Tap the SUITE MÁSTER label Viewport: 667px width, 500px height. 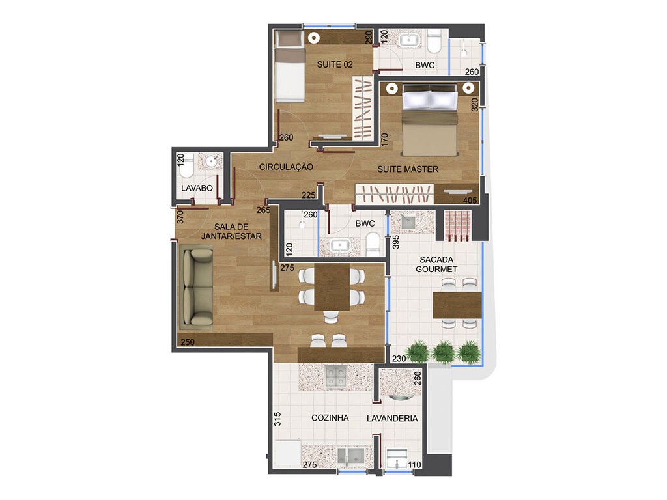[x=408, y=169]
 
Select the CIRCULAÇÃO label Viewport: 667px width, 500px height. [x=286, y=167]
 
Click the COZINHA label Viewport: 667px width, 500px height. [x=330, y=418]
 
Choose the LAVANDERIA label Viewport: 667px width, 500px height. [x=392, y=418]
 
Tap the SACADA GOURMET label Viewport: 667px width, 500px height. [x=436, y=263]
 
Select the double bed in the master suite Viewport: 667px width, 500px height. [x=430, y=120]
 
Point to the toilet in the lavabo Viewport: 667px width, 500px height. [x=186, y=171]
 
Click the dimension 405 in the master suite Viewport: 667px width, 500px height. [x=469, y=200]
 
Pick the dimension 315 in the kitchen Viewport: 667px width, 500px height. [x=277, y=419]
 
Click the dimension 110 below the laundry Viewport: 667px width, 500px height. [x=415, y=465]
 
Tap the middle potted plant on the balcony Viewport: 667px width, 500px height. [x=443, y=351]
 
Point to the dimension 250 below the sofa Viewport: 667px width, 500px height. [x=187, y=342]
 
